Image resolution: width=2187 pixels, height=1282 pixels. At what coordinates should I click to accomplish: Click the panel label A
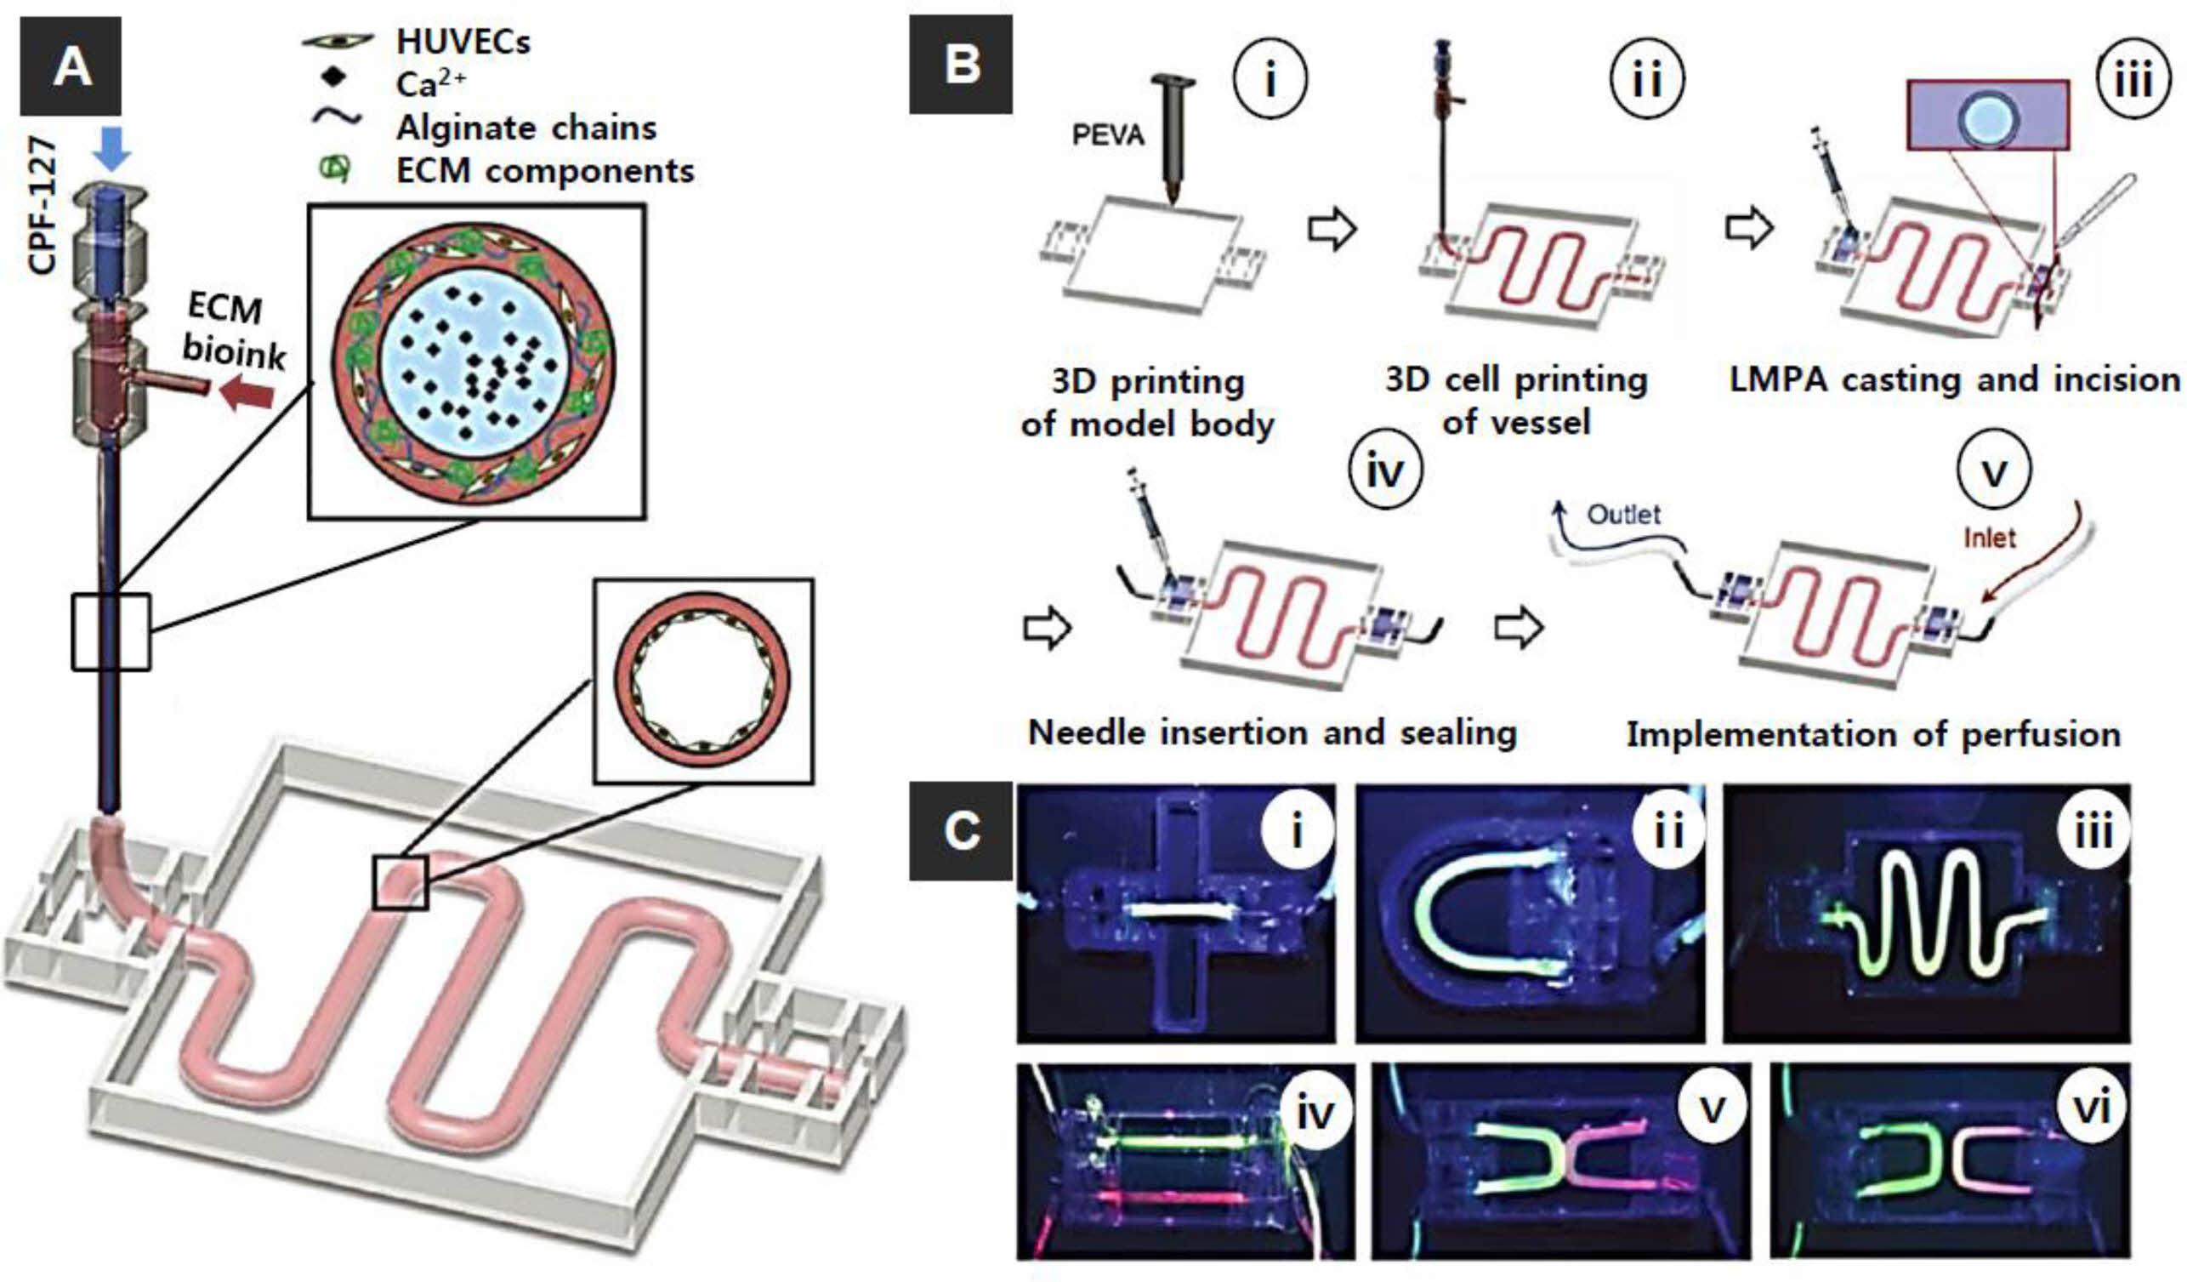pyautogui.click(x=71, y=66)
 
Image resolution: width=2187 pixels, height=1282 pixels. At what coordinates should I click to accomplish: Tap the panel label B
pyautogui.click(x=961, y=65)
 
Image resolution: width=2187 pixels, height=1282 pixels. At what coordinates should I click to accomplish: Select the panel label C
pyautogui.click(x=961, y=830)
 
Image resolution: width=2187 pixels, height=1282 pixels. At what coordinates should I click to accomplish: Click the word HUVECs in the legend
pyautogui.click(x=463, y=42)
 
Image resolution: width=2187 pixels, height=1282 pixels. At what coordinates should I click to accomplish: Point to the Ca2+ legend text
pyautogui.click(x=430, y=84)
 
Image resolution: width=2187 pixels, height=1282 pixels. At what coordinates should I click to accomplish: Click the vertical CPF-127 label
pyautogui.click(x=42, y=206)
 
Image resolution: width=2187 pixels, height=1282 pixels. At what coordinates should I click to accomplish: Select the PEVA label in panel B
pyautogui.click(x=1108, y=135)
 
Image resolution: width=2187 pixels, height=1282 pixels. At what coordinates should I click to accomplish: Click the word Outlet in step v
pyautogui.click(x=1623, y=515)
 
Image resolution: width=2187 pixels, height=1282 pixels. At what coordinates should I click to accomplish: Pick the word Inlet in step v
pyautogui.click(x=1989, y=538)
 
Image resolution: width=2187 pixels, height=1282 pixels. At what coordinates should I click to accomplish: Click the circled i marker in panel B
pyautogui.click(x=1270, y=81)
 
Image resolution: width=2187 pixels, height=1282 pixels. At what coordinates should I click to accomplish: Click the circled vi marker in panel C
pyautogui.click(x=2092, y=1108)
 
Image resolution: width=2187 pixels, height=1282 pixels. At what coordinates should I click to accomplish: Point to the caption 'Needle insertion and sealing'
pyautogui.click(x=1272, y=733)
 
